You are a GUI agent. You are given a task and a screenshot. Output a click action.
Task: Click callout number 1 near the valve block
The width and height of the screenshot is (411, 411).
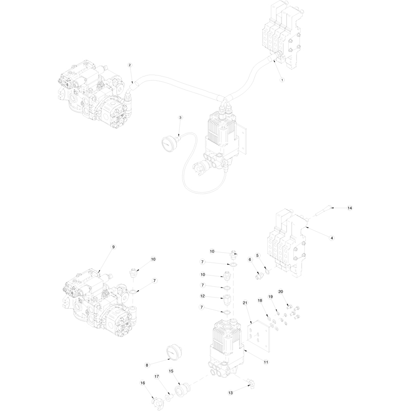pyautogui.click(x=282, y=80)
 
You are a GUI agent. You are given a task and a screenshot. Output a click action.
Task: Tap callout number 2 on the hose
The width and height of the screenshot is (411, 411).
pyautogui.click(x=130, y=65)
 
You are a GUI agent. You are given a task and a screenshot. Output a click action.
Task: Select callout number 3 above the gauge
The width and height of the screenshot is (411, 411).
pyautogui.click(x=180, y=118)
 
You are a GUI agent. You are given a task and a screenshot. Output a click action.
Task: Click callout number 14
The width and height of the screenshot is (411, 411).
pyautogui.click(x=350, y=208)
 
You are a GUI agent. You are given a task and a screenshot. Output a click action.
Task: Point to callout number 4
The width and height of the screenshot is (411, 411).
pyautogui.click(x=331, y=238)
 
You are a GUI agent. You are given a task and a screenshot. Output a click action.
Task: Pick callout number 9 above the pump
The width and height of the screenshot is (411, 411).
pyautogui.click(x=113, y=247)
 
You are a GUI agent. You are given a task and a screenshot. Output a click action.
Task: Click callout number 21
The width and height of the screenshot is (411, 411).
pyautogui.click(x=245, y=303)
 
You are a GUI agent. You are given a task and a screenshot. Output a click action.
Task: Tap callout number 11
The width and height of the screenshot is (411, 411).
pyautogui.click(x=266, y=362)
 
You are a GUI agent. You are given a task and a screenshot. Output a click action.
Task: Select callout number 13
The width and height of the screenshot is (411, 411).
pyautogui.click(x=230, y=393)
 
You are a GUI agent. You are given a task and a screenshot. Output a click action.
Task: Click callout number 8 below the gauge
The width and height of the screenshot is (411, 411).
pyautogui.click(x=147, y=365)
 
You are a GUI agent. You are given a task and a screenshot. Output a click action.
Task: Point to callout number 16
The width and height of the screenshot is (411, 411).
pyautogui.click(x=143, y=383)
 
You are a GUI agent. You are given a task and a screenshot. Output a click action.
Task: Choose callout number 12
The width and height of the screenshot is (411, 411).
pyautogui.click(x=202, y=296)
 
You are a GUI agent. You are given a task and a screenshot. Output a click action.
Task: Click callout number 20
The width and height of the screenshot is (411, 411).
pyautogui.click(x=281, y=291)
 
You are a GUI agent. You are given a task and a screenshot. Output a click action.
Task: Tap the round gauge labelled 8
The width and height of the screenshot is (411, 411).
pyautogui.click(x=174, y=351)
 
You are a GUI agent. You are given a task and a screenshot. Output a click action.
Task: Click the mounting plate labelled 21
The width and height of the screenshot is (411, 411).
pyautogui.click(x=259, y=336)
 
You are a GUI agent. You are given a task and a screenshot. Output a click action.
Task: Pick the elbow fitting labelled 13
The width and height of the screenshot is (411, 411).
pyautogui.click(x=251, y=384)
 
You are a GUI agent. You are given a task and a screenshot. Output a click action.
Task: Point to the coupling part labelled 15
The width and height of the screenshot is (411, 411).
pyautogui.click(x=183, y=391)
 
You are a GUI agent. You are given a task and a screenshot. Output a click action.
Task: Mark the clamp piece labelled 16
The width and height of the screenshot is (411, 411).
pyautogui.click(x=157, y=401)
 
